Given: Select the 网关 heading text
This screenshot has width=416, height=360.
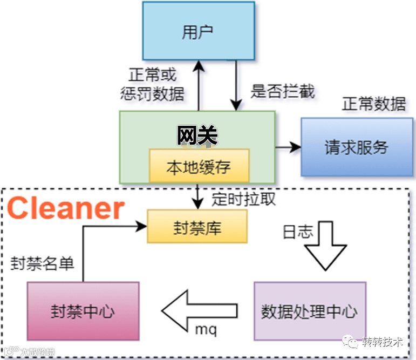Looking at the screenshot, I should [x=197, y=135].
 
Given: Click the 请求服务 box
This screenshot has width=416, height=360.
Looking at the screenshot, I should [x=356, y=147].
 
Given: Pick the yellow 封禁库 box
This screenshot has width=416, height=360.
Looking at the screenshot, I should [x=197, y=227].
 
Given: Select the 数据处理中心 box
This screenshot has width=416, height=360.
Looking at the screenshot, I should [x=309, y=311].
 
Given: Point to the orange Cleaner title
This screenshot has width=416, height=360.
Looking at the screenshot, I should [x=66, y=208].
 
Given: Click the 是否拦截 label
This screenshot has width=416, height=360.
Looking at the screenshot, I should [x=282, y=91].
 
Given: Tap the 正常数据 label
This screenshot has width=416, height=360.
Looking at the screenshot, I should [x=373, y=104].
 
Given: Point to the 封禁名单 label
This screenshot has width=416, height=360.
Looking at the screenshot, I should [x=43, y=263].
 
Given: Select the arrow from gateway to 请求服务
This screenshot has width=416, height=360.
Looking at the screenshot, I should [x=287, y=147].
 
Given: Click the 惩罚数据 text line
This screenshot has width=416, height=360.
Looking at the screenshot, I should [x=153, y=94].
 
